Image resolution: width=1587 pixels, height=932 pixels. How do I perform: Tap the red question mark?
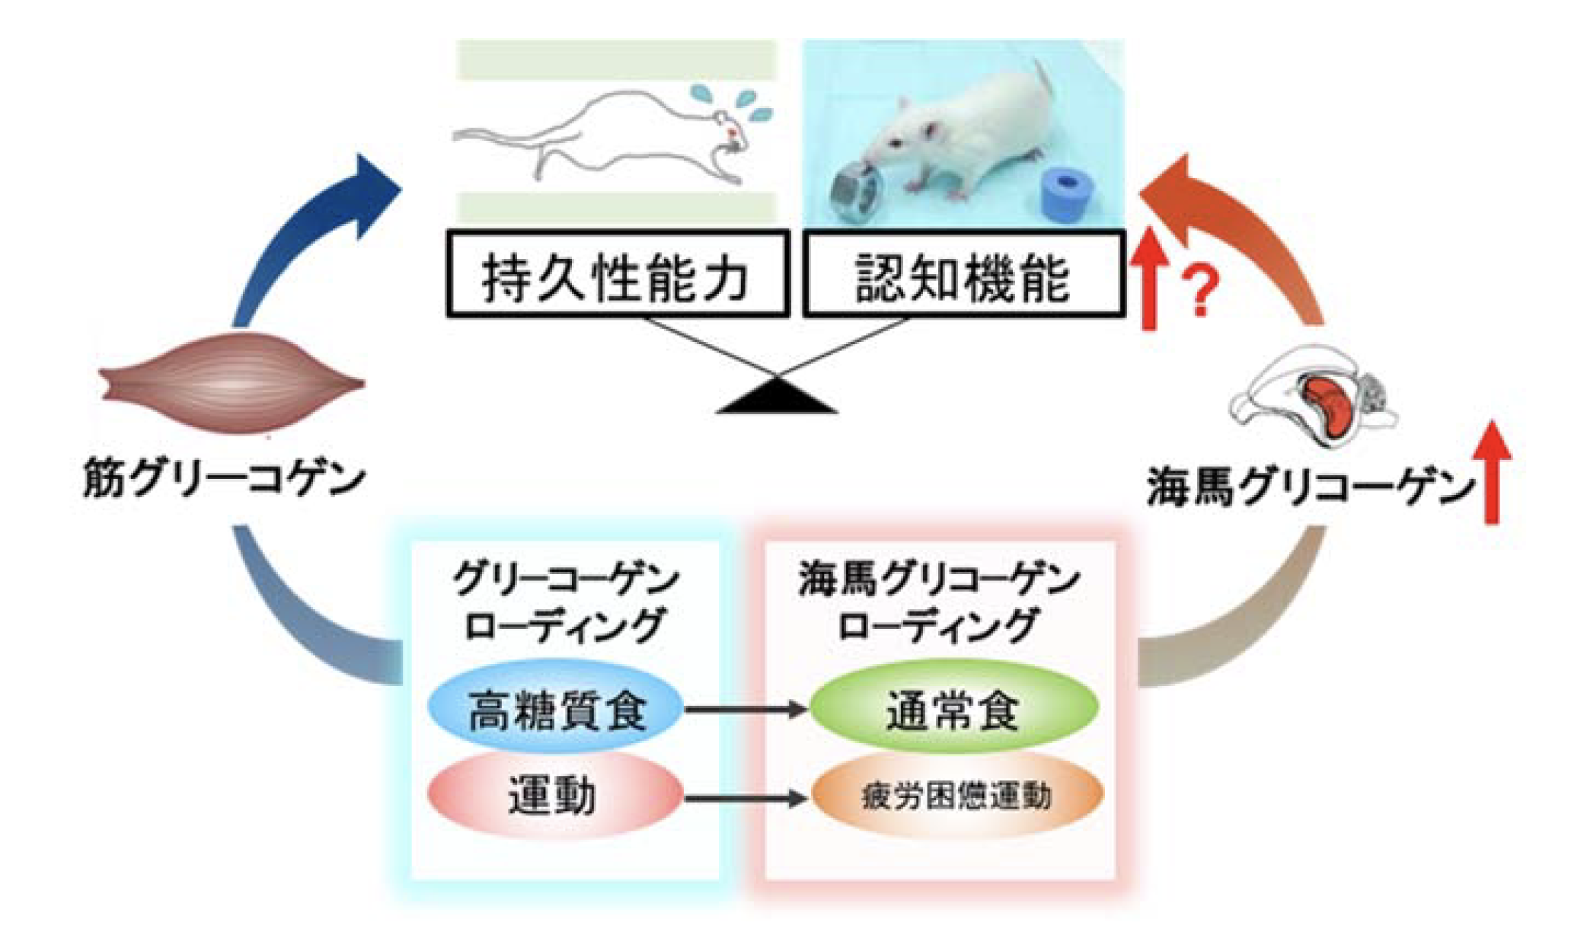click(1201, 291)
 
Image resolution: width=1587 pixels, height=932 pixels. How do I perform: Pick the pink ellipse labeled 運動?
click(554, 796)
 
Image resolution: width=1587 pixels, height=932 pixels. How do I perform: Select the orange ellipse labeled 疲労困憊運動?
click(957, 796)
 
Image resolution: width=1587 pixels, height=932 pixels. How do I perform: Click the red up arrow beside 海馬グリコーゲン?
click(1492, 472)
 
